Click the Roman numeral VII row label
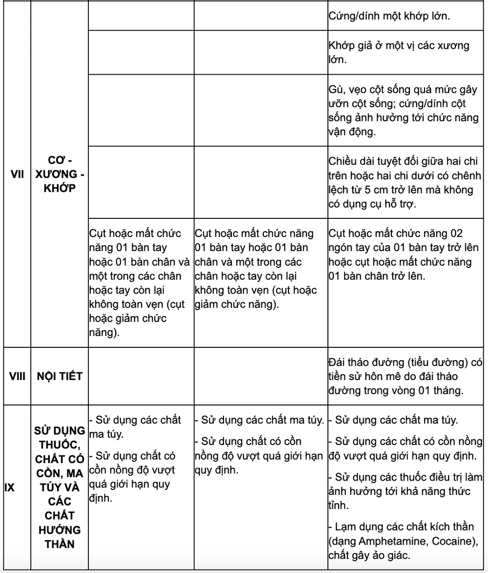pyautogui.click(x=18, y=174)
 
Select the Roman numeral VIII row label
pyautogui.click(x=18, y=376)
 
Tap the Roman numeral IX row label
pyautogui.click(x=9, y=487)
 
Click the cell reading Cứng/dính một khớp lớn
pyautogui.click(x=389, y=16)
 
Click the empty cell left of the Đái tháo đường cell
pyautogui.click(x=261, y=376)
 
